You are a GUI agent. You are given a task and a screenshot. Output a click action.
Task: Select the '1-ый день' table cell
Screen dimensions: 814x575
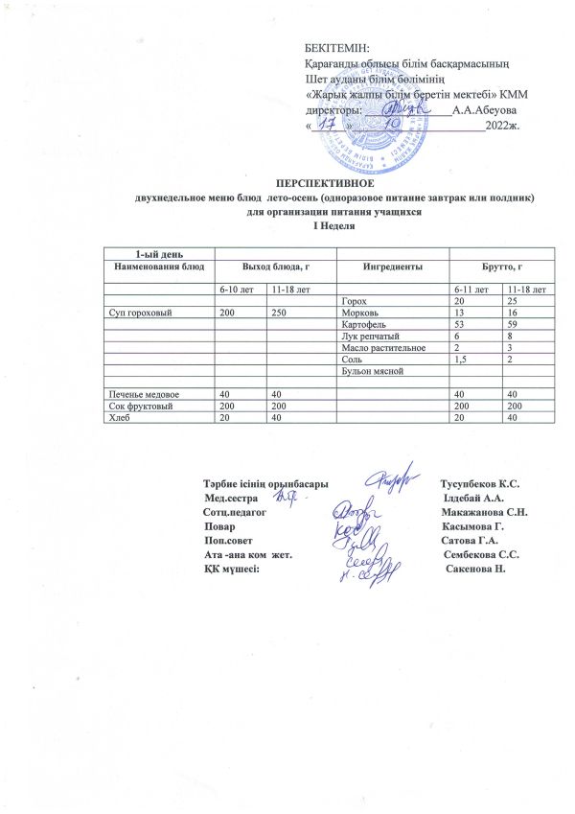tap(154, 251)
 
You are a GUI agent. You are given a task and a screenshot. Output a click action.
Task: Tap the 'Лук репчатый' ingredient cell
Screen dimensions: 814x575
tap(368, 336)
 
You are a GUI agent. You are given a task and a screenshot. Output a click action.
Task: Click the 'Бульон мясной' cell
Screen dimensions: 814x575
tap(369, 370)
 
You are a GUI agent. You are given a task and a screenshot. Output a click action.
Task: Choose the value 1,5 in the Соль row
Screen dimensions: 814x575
tap(464, 359)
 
